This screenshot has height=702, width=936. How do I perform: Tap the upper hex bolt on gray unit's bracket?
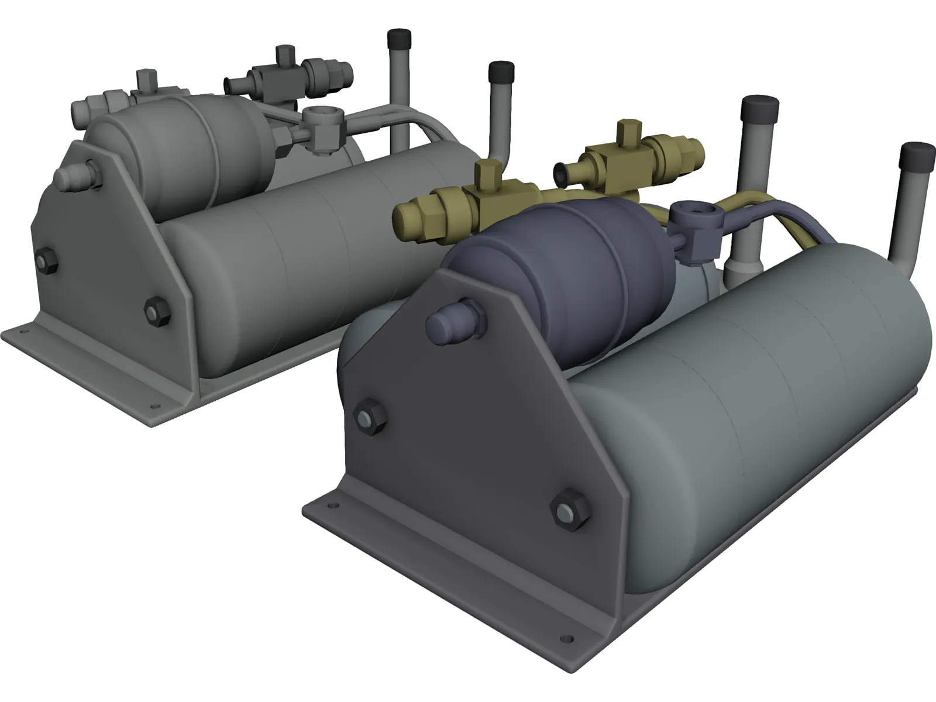click(46, 261)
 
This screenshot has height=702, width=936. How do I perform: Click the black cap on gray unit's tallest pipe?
click(400, 39)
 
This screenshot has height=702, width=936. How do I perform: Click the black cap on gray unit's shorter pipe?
click(501, 73)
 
